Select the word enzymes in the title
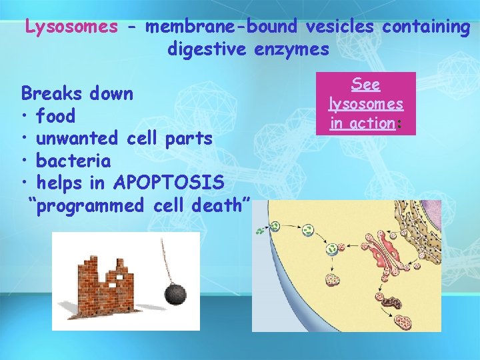tap(291, 49)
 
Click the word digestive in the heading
tap(207, 49)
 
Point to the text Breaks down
tap(77, 93)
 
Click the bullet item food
tap(55, 116)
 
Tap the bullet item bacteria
tap(73, 161)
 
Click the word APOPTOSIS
tap(169, 183)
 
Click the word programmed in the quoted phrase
tap(90, 205)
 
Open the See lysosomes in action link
tap(366, 104)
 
